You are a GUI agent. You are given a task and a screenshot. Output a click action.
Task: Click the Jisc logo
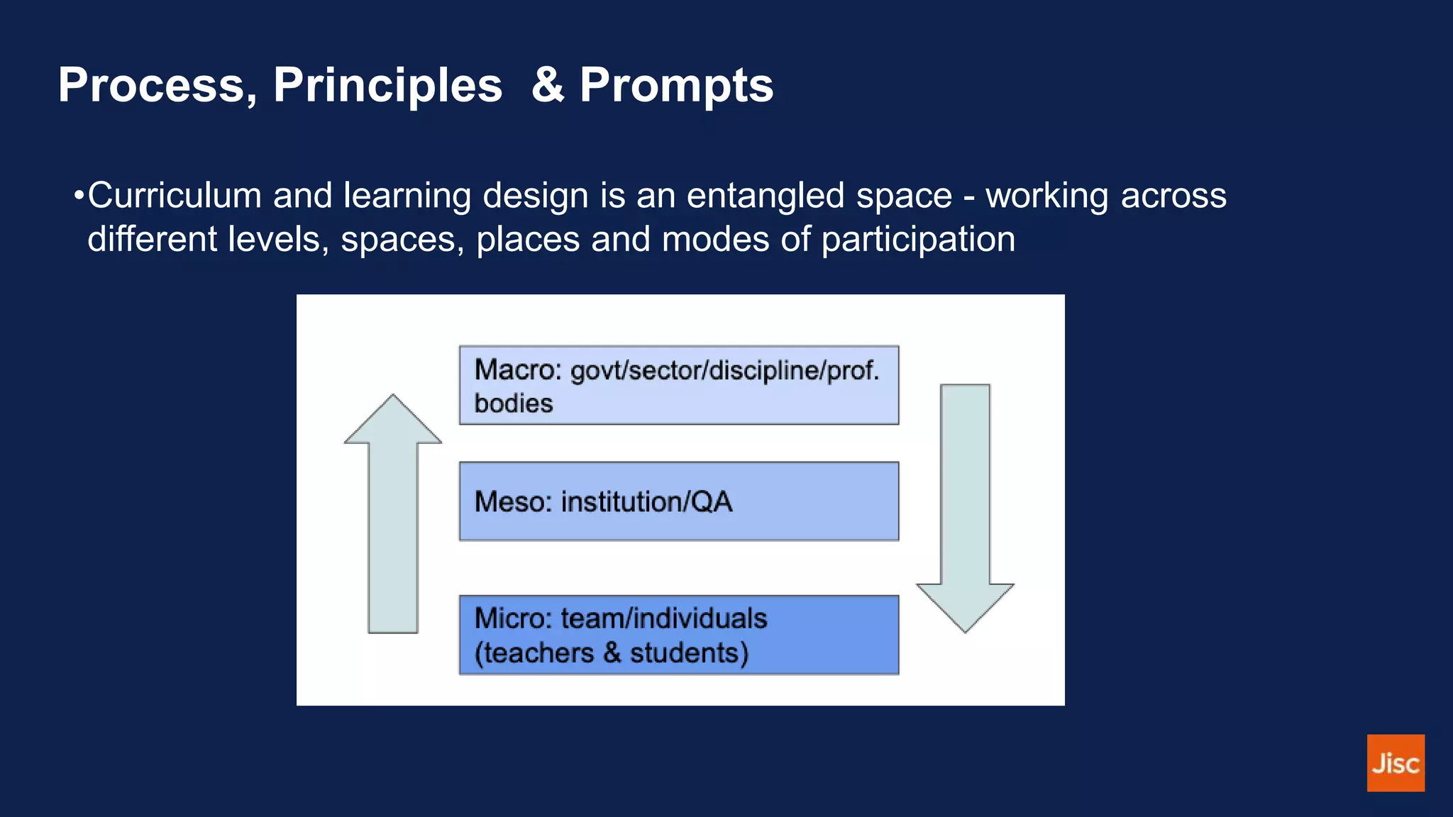tap(1395, 762)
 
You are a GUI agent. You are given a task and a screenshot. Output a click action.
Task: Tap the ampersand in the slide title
tap(548, 85)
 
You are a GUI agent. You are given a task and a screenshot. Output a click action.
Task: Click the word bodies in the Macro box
tap(513, 404)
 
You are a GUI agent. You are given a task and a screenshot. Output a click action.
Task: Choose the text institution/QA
tap(646, 501)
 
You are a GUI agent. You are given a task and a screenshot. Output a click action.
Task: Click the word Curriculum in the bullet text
tap(175, 196)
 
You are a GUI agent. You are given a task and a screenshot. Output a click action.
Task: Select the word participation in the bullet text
tap(918, 240)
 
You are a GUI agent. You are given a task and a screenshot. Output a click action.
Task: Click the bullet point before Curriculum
tap(79, 195)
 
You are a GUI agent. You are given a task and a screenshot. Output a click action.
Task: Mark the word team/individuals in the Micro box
tap(663, 618)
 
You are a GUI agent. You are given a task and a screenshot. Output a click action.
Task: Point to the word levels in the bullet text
tap(273, 240)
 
